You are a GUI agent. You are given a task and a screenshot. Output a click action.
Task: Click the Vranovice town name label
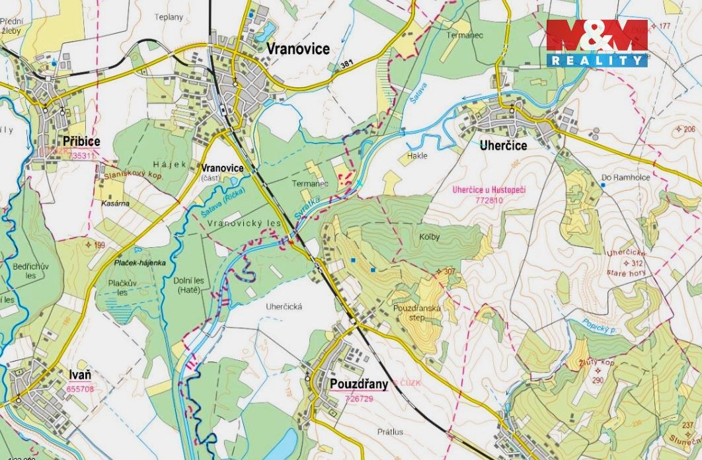tap(298, 50)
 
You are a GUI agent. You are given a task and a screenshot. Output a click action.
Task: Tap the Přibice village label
tap(82, 142)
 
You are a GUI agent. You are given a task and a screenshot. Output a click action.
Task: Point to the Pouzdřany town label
tap(358, 383)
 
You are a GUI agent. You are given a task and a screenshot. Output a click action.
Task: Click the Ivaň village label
tap(79, 375)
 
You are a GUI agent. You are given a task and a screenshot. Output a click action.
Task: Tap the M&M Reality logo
tap(597, 43)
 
